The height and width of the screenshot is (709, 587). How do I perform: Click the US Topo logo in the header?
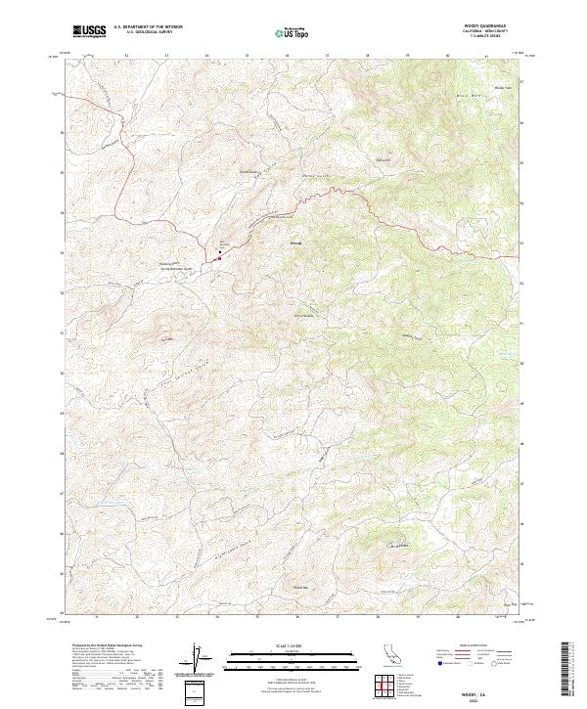291,32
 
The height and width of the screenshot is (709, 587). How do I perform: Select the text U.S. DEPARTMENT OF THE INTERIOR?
148,26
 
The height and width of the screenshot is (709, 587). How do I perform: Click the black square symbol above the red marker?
220,251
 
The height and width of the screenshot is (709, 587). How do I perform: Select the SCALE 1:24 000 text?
290,643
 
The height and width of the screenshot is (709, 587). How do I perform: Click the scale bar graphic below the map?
290,657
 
